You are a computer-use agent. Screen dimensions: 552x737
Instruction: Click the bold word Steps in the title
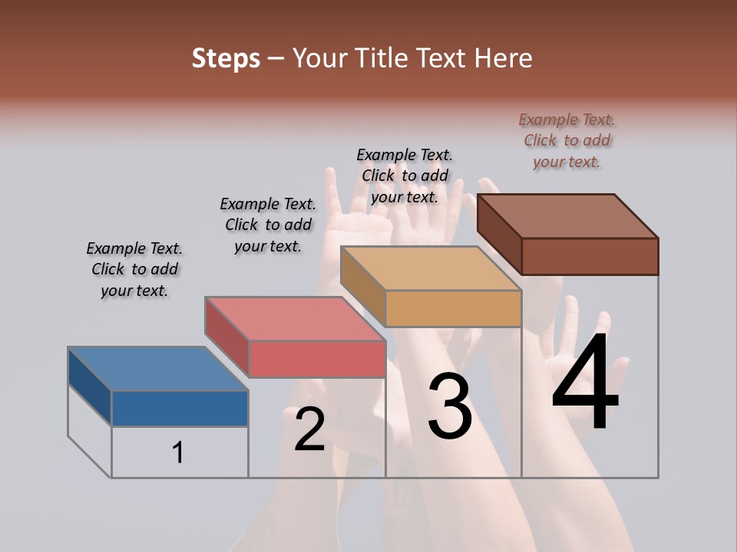[x=226, y=58]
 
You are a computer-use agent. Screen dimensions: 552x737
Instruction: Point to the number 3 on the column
[x=450, y=406]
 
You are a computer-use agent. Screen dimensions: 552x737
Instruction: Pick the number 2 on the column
[x=310, y=429]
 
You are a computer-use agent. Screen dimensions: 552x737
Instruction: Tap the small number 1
[x=178, y=452]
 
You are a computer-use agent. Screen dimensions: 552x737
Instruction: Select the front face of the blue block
[x=180, y=408]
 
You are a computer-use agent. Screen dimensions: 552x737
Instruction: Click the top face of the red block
[x=294, y=318]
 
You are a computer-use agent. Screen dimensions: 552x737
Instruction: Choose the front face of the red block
[x=316, y=359]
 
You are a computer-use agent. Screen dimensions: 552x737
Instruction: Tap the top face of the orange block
[x=430, y=268]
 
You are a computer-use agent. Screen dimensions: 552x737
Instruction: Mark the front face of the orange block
[x=453, y=309]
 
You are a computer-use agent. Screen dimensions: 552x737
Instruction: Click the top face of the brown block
[x=567, y=215]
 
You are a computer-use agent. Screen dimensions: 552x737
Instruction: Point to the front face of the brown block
[x=590, y=256]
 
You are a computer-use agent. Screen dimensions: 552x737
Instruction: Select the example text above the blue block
[x=134, y=269]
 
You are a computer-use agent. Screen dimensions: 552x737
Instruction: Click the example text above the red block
[x=268, y=225]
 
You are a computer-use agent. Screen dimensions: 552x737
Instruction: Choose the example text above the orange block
[x=405, y=176]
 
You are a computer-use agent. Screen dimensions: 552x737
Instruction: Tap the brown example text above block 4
[x=567, y=140]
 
